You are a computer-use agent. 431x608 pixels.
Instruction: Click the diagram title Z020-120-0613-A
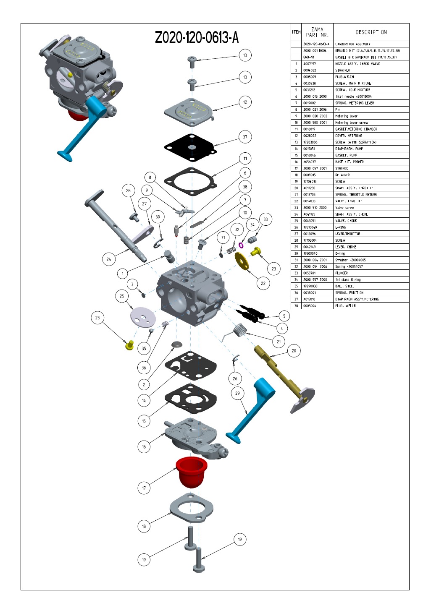coord(197,38)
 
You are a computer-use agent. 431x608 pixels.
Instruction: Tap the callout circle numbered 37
coord(245,137)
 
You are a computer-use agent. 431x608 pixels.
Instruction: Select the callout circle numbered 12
coord(245,102)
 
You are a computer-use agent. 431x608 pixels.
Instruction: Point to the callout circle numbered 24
coord(109,259)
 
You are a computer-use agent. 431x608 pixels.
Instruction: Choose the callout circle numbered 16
coord(144,447)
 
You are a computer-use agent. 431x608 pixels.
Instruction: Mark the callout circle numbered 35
coord(144,348)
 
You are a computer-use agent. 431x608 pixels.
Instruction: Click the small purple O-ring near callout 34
coord(241,245)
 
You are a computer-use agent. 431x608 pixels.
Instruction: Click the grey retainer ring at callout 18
coord(192,508)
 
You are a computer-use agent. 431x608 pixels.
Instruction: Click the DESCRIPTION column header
coord(371,32)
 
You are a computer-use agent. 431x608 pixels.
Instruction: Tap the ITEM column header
coord(296,32)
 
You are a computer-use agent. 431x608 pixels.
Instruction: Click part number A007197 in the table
coord(310,64)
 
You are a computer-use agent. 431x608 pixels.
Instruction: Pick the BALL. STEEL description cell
coord(344,286)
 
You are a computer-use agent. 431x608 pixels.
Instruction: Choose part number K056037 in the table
coord(310,162)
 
